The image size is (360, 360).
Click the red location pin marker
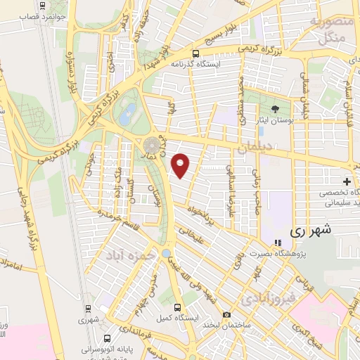181,165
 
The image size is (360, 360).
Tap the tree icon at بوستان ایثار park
275,108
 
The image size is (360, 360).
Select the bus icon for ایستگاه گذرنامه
196,53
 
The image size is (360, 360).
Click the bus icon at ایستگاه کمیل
177,307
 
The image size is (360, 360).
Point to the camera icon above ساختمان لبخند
226,314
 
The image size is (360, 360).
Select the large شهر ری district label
310,230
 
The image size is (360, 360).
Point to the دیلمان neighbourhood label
253,149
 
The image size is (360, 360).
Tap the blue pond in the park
128,110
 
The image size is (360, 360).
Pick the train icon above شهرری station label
88,308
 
